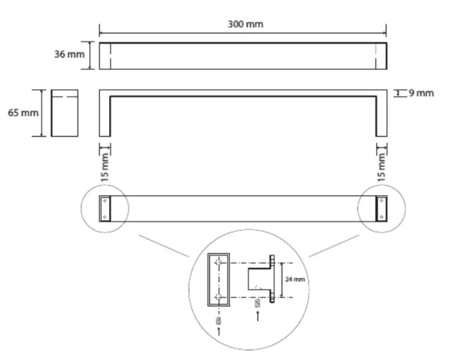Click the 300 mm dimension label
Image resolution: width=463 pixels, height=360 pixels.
245,24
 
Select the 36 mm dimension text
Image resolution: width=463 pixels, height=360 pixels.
69,54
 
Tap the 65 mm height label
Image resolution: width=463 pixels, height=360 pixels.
23,113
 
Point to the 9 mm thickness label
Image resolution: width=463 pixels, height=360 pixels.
421,93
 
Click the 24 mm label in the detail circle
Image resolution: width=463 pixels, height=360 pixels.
295,279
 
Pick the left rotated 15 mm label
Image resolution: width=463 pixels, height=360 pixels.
105,167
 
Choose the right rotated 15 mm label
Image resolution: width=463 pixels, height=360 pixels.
382,167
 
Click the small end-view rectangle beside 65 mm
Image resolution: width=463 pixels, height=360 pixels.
64,113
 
